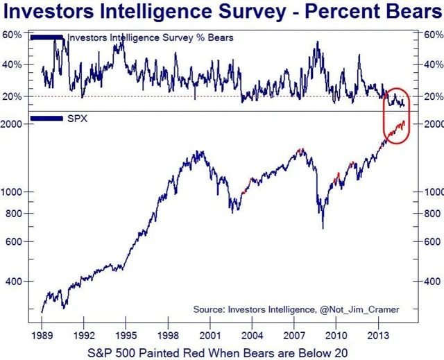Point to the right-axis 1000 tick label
[431, 191]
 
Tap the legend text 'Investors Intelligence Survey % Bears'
[151, 37]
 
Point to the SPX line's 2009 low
[323, 228]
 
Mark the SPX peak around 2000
[200, 151]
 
